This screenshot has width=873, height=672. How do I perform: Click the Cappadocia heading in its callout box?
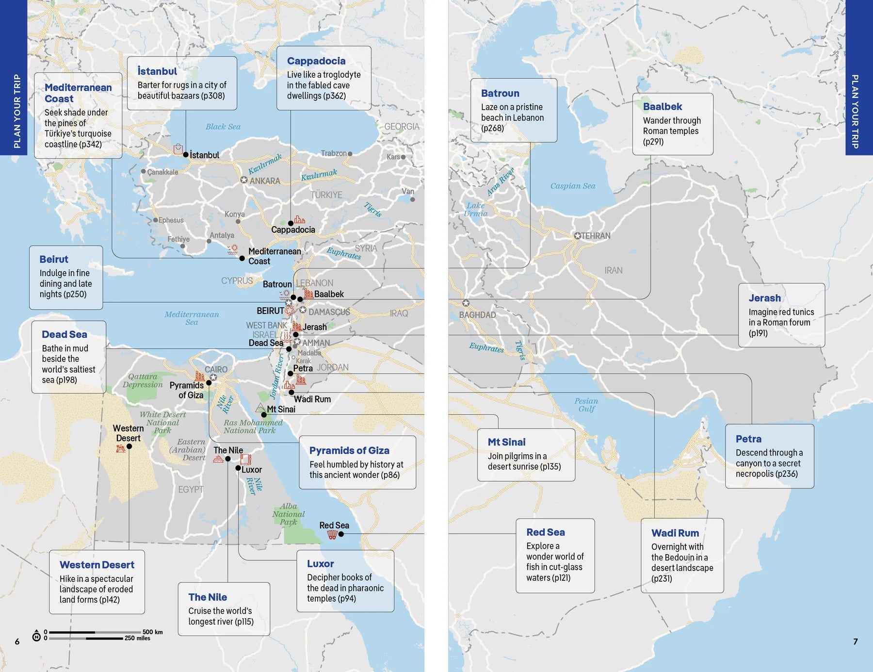[x=316, y=61]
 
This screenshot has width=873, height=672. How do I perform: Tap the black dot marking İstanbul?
[x=185, y=155]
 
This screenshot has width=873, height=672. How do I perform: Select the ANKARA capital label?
[x=264, y=181]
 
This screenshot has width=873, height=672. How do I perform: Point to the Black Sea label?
[x=223, y=127]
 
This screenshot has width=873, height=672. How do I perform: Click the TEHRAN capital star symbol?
[x=577, y=236]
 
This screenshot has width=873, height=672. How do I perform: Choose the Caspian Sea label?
[x=572, y=186]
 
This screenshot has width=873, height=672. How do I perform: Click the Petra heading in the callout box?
[x=748, y=439]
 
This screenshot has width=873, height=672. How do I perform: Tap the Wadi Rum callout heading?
[x=675, y=533]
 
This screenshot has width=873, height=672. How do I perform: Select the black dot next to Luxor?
[x=238, y=468]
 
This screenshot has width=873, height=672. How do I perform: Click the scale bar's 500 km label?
[x=152, y=632]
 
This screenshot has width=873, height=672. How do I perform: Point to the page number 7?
[x=855, y=641]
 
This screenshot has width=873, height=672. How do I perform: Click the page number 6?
[x=17, y=641]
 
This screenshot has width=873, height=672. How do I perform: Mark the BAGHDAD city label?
[x=477, y=315]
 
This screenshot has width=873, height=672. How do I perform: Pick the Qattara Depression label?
[x=143, y=380]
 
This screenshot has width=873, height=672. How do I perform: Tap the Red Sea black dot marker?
[x=341, y=534]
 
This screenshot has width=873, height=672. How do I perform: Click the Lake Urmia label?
[x=475, y=210]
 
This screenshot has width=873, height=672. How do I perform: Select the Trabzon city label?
[x=333, y=153]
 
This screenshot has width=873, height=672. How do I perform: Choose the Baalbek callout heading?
[x=662, y=107]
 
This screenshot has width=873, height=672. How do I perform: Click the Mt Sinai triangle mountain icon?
[x=260, y=408]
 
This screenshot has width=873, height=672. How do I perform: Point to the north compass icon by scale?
[x=36, y=636]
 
